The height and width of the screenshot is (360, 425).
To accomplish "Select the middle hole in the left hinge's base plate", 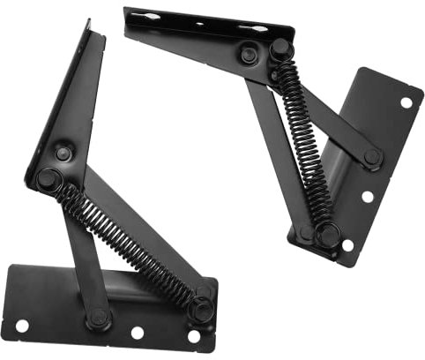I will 138,333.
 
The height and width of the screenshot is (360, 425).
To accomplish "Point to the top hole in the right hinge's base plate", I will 406,102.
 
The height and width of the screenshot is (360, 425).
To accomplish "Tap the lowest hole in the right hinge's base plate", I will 347,244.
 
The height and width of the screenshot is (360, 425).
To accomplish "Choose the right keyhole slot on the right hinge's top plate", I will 254,29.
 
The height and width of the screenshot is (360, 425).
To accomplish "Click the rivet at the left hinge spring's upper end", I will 46,179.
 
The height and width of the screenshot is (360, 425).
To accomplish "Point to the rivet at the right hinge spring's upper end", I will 280,49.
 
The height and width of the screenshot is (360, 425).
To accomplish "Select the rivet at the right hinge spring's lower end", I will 327,236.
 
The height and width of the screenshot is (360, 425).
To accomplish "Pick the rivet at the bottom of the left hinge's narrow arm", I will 97,317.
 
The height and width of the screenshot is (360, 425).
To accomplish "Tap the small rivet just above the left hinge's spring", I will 63,154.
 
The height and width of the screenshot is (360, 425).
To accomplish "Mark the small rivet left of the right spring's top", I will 249,55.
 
